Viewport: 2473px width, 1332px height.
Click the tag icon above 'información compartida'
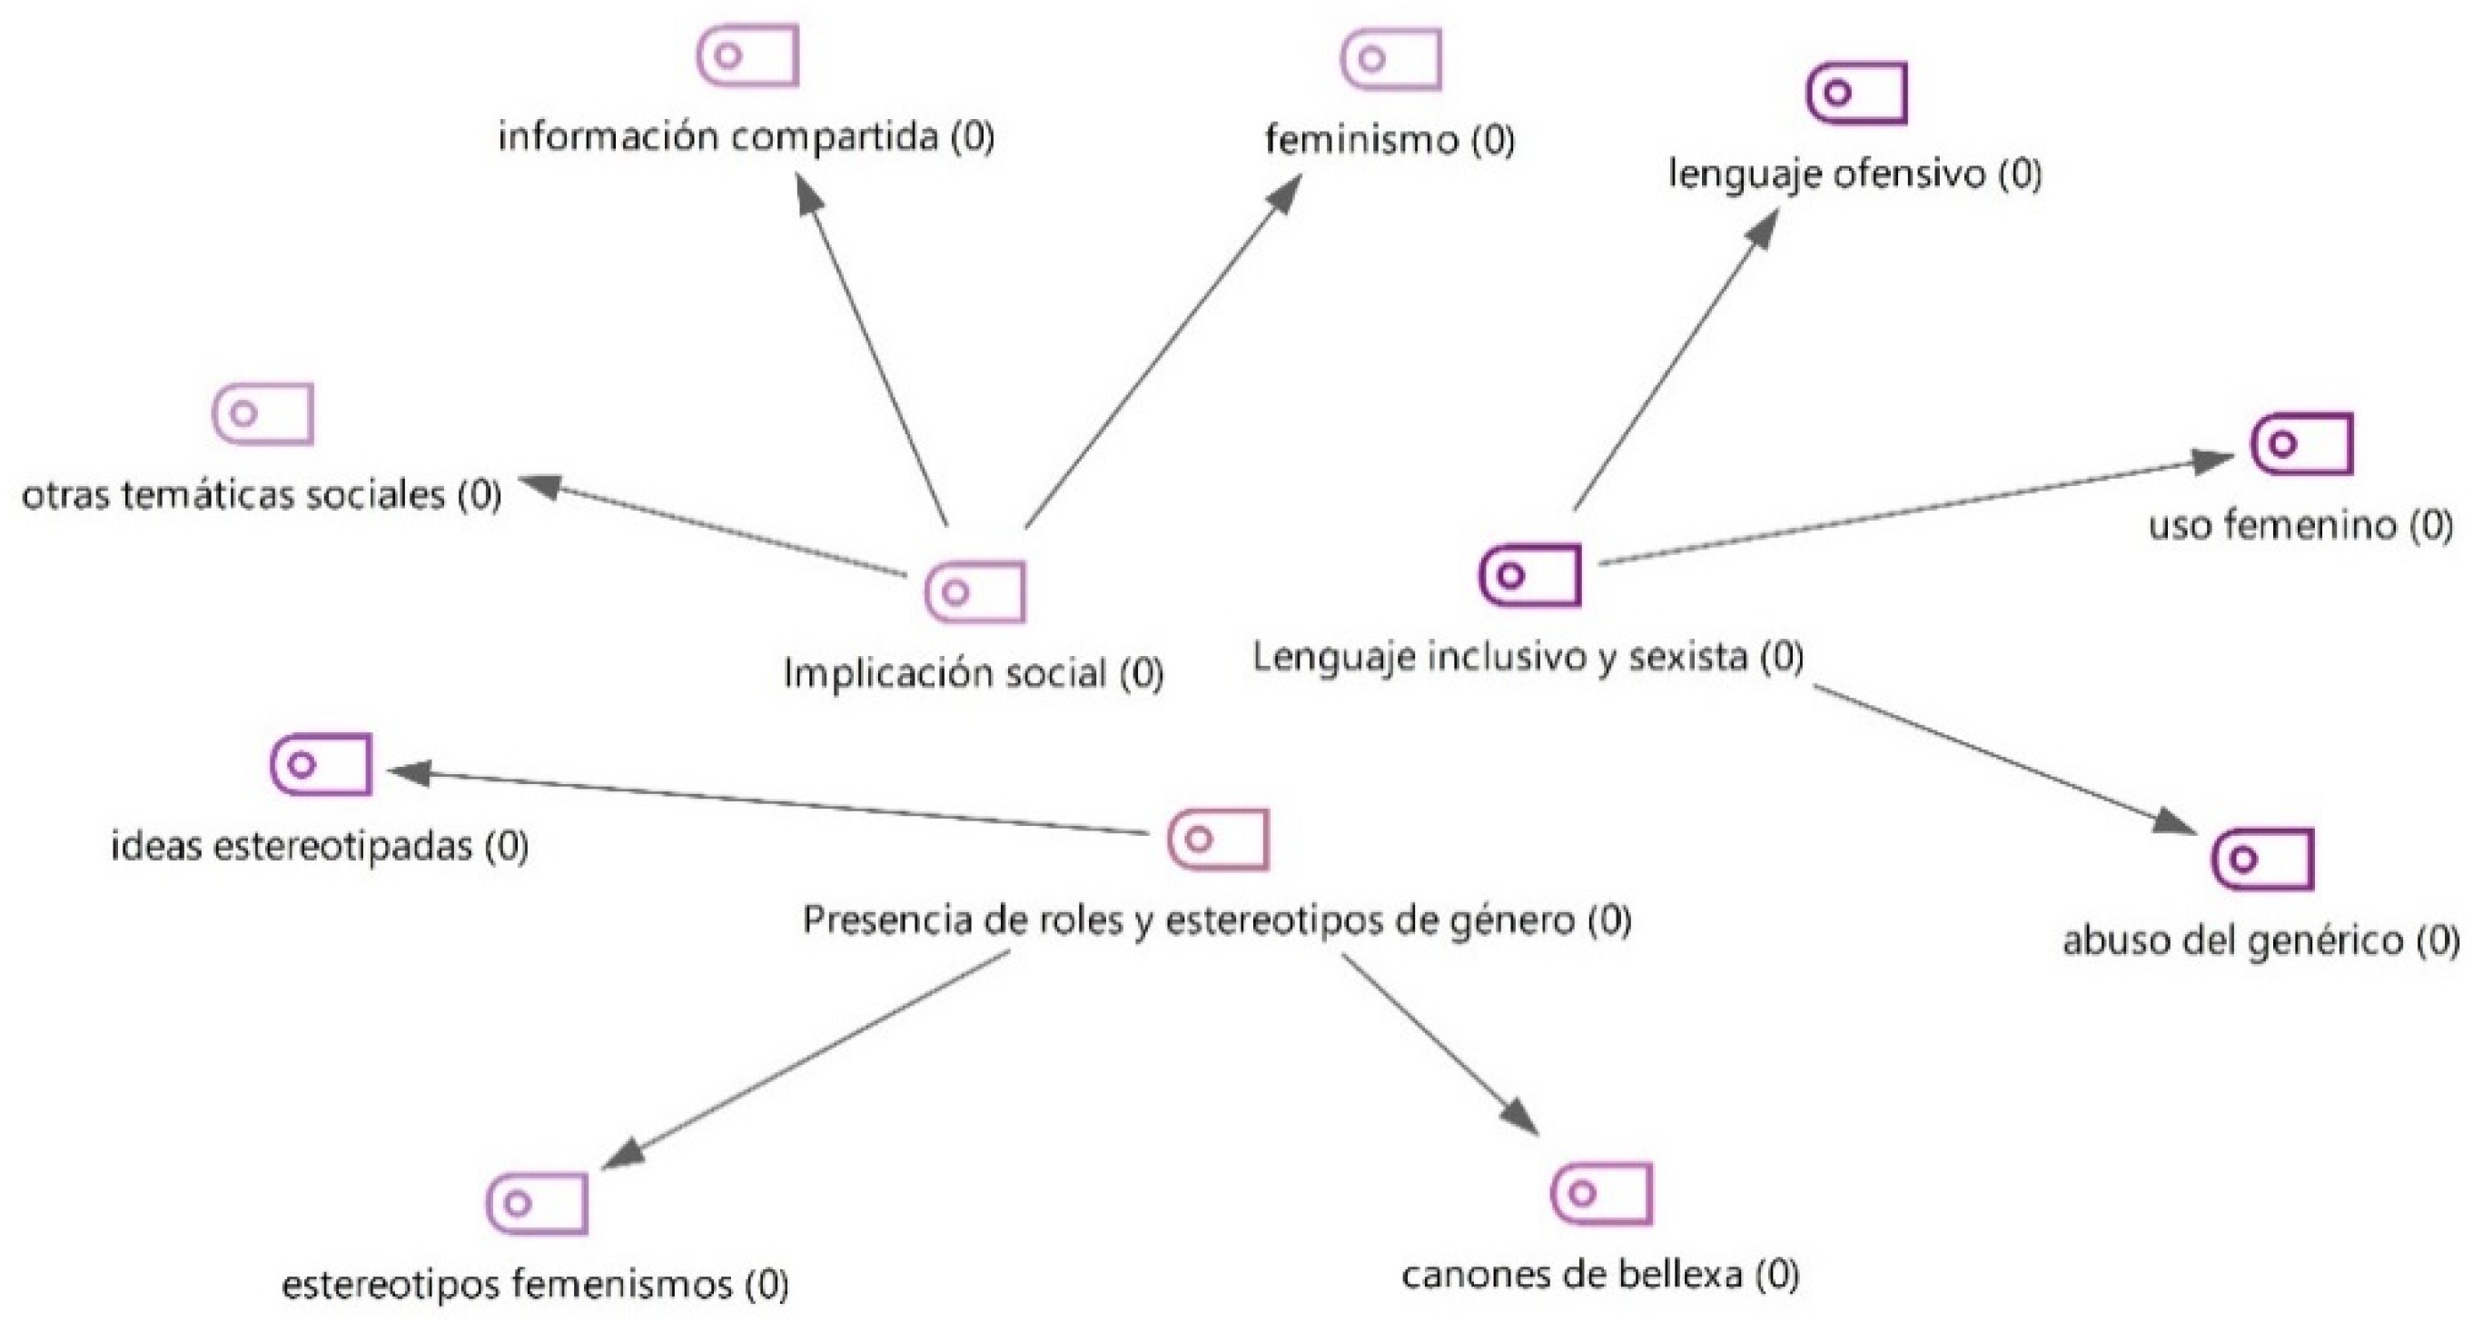747,56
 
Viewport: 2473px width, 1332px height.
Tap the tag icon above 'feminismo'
1391,60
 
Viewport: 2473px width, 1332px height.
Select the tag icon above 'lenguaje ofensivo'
1856,94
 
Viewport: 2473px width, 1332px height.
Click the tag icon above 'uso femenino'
2302,443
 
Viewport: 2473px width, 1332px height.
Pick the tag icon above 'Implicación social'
975,591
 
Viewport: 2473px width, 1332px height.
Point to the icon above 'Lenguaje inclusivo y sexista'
1530,575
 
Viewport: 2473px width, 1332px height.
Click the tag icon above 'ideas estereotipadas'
321,764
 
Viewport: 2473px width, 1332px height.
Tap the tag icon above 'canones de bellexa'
1601,1194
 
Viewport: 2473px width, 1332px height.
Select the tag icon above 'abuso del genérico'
2263,859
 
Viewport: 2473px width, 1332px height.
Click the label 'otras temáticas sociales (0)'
262,495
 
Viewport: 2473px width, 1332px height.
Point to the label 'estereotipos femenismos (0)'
535,1284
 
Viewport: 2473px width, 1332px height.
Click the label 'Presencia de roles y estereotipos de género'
1216,920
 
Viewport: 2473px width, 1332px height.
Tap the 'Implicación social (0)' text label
974,673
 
